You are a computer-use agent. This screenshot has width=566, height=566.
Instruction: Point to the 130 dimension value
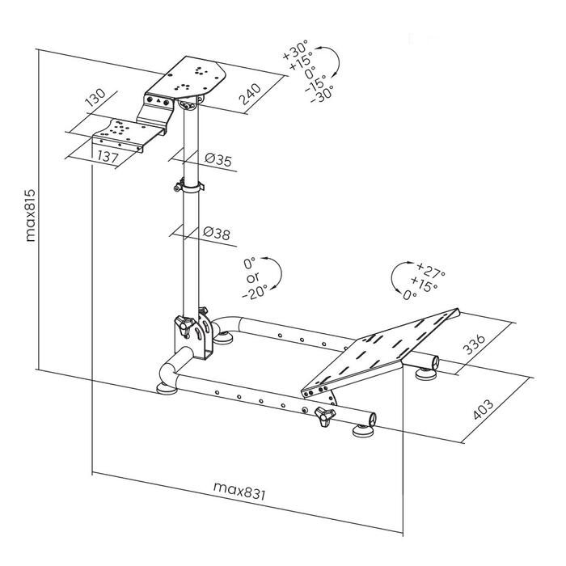[96, 101]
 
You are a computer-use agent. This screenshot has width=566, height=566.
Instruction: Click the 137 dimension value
[106, 156]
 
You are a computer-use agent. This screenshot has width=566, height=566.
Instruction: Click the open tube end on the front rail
[373, 418]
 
